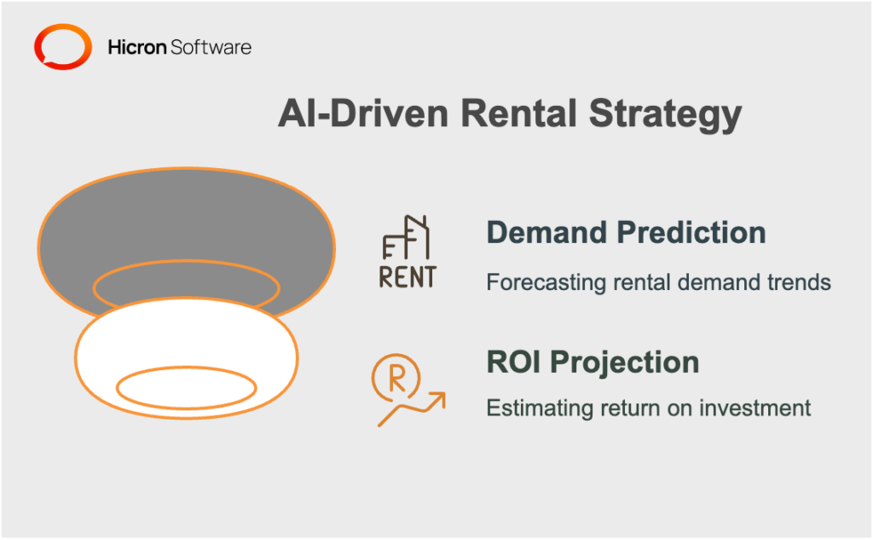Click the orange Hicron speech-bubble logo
[61, 47]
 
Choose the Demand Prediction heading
[625, 233]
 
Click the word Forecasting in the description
[538, 282]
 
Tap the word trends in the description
[799, 282]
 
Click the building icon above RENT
[408, 236]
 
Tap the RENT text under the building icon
[407, 276]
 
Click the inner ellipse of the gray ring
[186, 287]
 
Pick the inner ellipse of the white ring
[186, 389]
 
